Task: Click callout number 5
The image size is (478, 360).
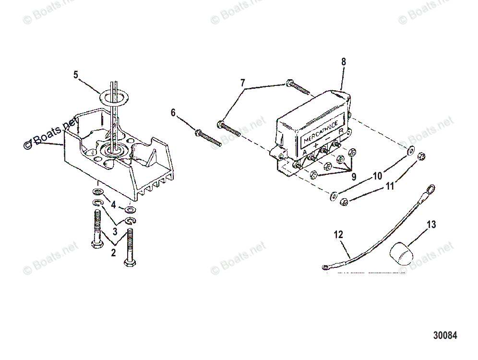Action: tap(75, 75)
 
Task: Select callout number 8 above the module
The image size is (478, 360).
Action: tap(343, 61)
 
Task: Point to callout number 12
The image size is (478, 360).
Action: tap(338, 235)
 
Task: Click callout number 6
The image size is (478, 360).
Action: tap(173, 113)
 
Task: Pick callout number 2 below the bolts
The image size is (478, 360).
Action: tap(113, 253)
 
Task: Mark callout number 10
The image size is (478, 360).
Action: tap(377, 176)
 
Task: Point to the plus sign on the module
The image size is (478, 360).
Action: tap(316, 144)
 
